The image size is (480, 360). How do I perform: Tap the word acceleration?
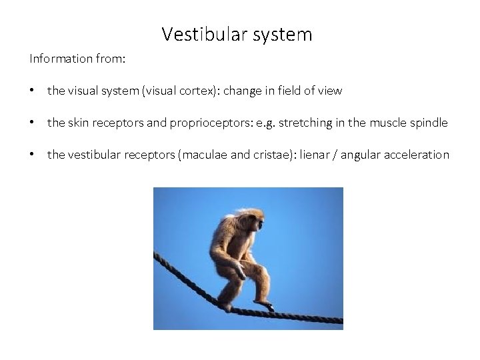pyautogui.click(x=419, y=155)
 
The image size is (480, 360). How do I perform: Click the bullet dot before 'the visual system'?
pyautogui.click(x=33, y=91)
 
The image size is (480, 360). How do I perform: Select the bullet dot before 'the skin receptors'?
pyautogui.click(x=33, y=123)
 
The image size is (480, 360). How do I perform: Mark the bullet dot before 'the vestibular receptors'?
pyautogui.click(x=33, y=155)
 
